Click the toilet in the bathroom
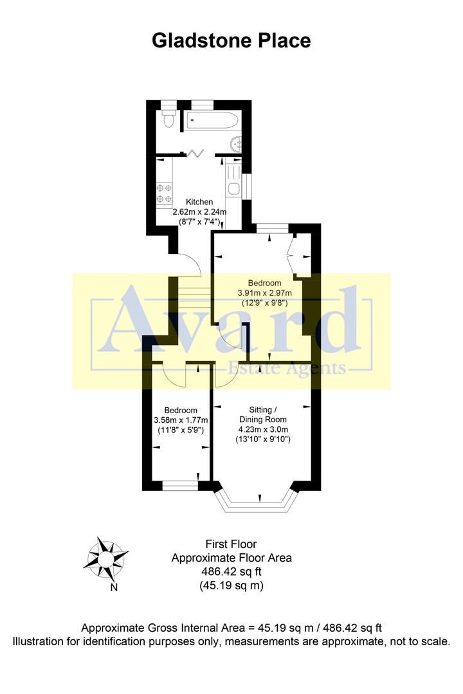click(168, 119)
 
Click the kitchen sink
click(233, 188)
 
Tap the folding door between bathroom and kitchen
click(195, 153)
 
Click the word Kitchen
click(199, 202)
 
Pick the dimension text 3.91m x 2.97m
click(265, 293)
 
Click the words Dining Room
click(264, 420)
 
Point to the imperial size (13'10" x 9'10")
click(264, 440)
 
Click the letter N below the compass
click(114, 587)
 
